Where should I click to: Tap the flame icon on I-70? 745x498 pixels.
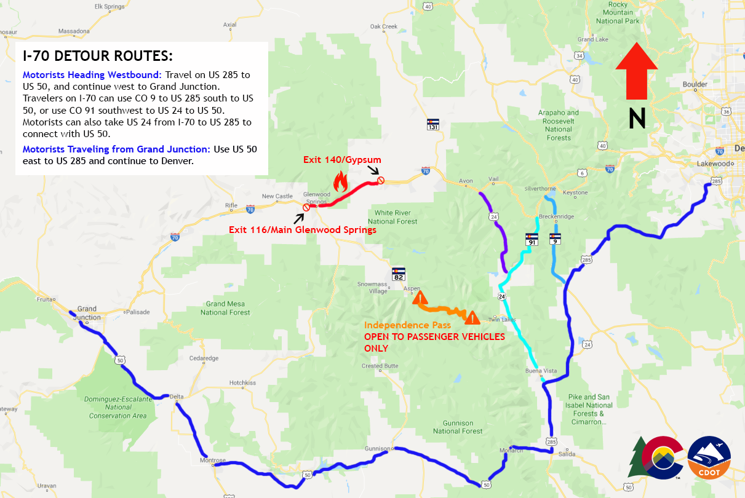coord(340,181)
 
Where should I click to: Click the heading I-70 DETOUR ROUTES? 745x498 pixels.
coord(98,56)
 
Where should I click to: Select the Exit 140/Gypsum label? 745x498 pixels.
coord(342,160)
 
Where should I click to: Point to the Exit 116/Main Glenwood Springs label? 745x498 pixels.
coord(302,230)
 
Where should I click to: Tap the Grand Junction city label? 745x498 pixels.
coord(87,313)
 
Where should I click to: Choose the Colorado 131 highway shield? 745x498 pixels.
coord(433,124)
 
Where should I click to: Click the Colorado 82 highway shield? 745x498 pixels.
coord(399,274)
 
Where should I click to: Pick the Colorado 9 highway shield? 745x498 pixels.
coord(555,238)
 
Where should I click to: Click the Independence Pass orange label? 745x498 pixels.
coord(407,325)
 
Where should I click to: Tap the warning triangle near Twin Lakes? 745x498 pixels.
coord(472,317)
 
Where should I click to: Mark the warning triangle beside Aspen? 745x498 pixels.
coord(420,299)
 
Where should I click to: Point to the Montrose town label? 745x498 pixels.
coord(213,460)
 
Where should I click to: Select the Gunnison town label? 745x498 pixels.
coord(377,448)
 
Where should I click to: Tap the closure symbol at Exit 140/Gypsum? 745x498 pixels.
coord(381,180)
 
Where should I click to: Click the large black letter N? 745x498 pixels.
coord(637,118)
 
